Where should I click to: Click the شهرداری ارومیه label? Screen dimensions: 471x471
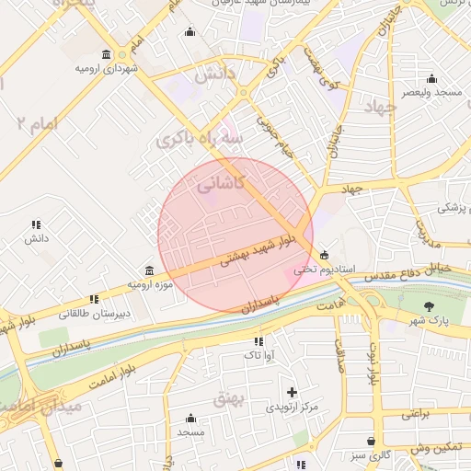click(x=108, y=69)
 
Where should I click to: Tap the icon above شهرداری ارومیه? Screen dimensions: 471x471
click(x=108, y=54)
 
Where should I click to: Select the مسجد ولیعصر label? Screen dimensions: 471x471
click(x=431, y=93)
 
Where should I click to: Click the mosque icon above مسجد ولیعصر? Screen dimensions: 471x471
click(x=431, y=78)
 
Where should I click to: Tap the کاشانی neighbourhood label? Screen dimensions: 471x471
click(x=221, y=183)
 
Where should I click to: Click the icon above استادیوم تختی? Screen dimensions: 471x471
click(x=323, y=255)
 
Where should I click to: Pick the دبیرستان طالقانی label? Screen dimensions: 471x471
click(x=95, y=314)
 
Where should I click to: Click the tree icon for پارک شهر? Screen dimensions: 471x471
click(x=429, y=306)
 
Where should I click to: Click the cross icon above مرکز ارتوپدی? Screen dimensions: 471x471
click(x=293, y=392)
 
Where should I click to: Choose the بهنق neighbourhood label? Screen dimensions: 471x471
click(x=225, y=399)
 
